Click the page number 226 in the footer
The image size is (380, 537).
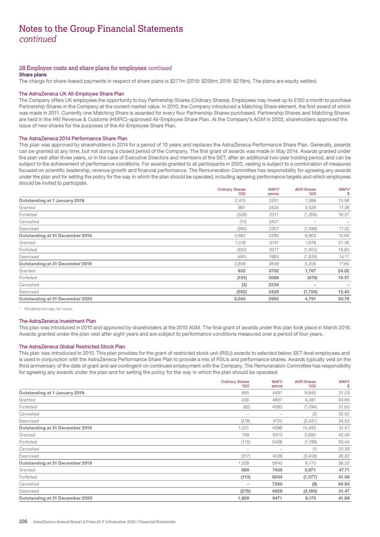[x=23, y=520]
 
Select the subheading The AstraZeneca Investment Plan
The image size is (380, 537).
[x=57, y=321]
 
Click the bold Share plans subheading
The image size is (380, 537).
[x=33, y=75]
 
